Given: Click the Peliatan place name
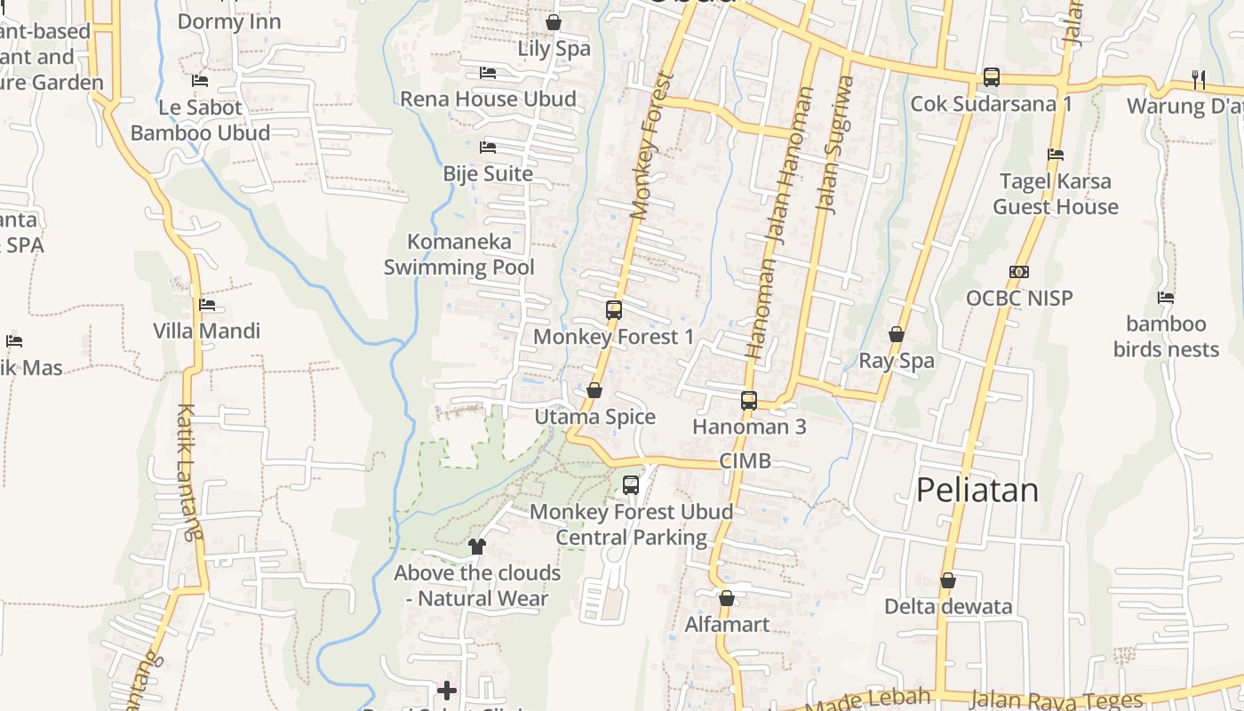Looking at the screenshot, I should tap(977, 490).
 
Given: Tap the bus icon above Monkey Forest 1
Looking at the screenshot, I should tap(614, 310).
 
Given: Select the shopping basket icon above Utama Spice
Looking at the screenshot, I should tap(594, 390).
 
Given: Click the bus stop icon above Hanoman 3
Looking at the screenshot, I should tap(749, 400).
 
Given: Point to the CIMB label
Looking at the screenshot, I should tap(745, 460).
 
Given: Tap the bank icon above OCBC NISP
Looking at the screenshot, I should tap(1019, 272).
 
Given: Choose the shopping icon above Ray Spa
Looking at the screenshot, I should tap(897, 334).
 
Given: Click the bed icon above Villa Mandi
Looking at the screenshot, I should tap(207, 305).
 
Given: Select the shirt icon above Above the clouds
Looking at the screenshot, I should tap(477, 546).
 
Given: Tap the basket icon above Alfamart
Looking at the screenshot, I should tap(727, 598).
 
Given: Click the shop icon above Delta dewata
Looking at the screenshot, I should tap(948, 580).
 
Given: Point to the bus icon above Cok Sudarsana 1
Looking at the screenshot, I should tap(992, 77).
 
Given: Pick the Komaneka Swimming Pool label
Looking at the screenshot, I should tap(459, 254).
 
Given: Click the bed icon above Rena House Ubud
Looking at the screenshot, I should tap(487, 72).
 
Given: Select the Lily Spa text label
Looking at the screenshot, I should tap(554, 49).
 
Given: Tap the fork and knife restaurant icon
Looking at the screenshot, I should tap(1199, 80).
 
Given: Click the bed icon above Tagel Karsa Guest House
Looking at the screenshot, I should tap(1056, 155).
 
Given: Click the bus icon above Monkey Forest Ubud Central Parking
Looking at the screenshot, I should tap(631, 485).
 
